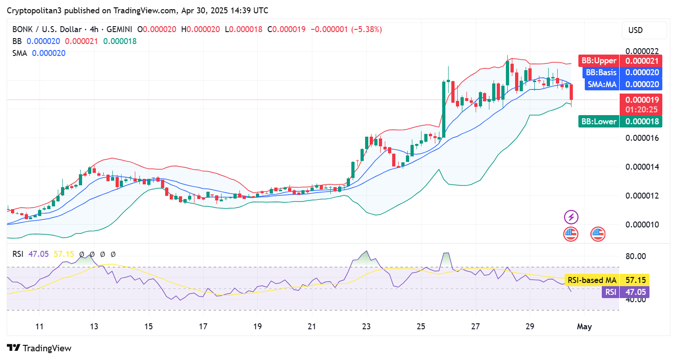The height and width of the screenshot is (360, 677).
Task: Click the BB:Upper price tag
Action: point(599,61)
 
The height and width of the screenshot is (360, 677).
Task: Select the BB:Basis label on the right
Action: point(600,72)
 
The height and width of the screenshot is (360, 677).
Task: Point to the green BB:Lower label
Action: point(599,122)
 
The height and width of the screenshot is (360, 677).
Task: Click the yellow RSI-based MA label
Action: point(592,280)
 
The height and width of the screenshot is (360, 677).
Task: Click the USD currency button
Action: point(636,30)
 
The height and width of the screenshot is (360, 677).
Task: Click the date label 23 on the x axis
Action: point(366,327)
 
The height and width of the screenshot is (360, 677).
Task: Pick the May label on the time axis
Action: point(584,327)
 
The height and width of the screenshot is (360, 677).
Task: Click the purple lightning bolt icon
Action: point(571,217)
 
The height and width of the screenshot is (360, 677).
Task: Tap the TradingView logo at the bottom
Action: point(39,349)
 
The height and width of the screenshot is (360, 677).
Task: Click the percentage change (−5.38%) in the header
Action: point(366,29)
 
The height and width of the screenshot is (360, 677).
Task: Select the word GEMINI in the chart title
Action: point(112,29)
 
